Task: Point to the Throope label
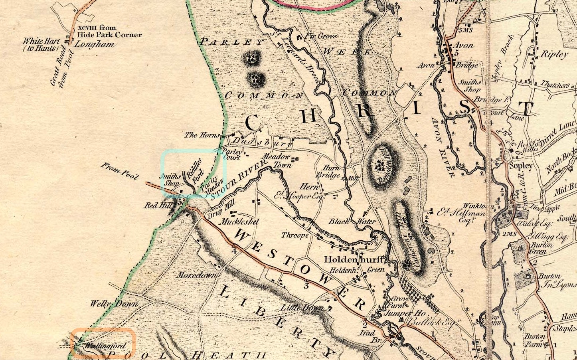coord(295,235)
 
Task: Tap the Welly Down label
coord(114,304)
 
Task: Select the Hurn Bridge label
coord(327,172)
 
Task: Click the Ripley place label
coord(553,54)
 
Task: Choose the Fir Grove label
coord(321,36)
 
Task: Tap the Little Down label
coord(302,308)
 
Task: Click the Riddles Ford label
coord(195,170)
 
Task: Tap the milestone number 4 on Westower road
coord(234,251)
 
